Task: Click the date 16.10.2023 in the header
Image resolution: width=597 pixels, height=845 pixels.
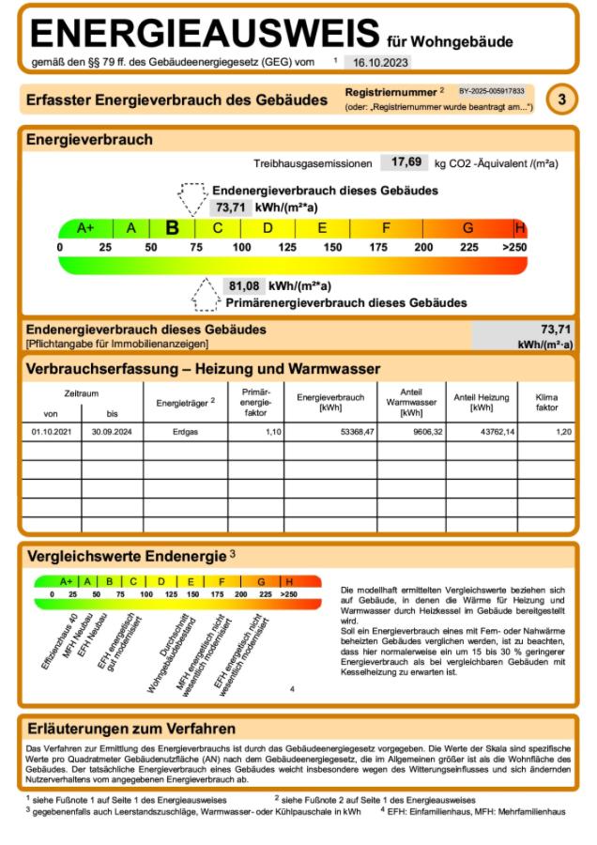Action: [377, 62]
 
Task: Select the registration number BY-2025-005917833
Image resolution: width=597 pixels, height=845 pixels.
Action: [492, 91]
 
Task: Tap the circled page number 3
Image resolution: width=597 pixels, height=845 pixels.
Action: [560, 99]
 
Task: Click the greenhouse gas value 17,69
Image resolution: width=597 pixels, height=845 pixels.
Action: [406, 162]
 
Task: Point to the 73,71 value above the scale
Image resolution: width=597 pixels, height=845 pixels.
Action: [230, 207]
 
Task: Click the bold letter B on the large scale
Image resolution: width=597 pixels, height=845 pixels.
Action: [173, 227]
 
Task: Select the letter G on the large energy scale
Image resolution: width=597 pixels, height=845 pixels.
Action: [467, 227]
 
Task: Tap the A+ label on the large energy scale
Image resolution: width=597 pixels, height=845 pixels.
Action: [86, 227]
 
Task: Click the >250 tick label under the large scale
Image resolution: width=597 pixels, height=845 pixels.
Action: [515, 247]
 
